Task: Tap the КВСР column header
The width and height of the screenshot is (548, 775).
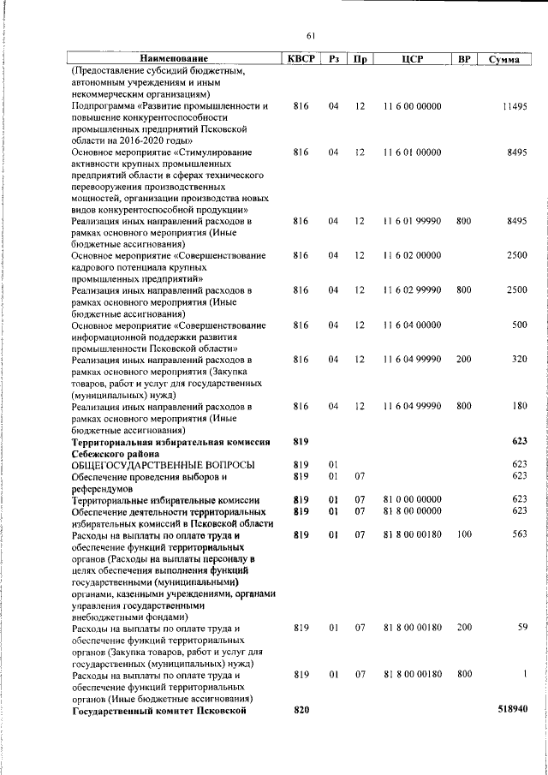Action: click(301, 59)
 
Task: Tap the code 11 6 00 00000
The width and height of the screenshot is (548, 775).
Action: click(412, 105)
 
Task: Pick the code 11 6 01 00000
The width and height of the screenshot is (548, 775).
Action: click(412, 152)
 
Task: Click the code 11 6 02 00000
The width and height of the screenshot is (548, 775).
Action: click(412, 255)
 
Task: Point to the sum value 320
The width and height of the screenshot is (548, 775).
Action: click(518, 360)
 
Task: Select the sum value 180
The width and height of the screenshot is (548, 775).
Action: click(518, 406)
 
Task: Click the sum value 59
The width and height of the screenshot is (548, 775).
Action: click(521, 628)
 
